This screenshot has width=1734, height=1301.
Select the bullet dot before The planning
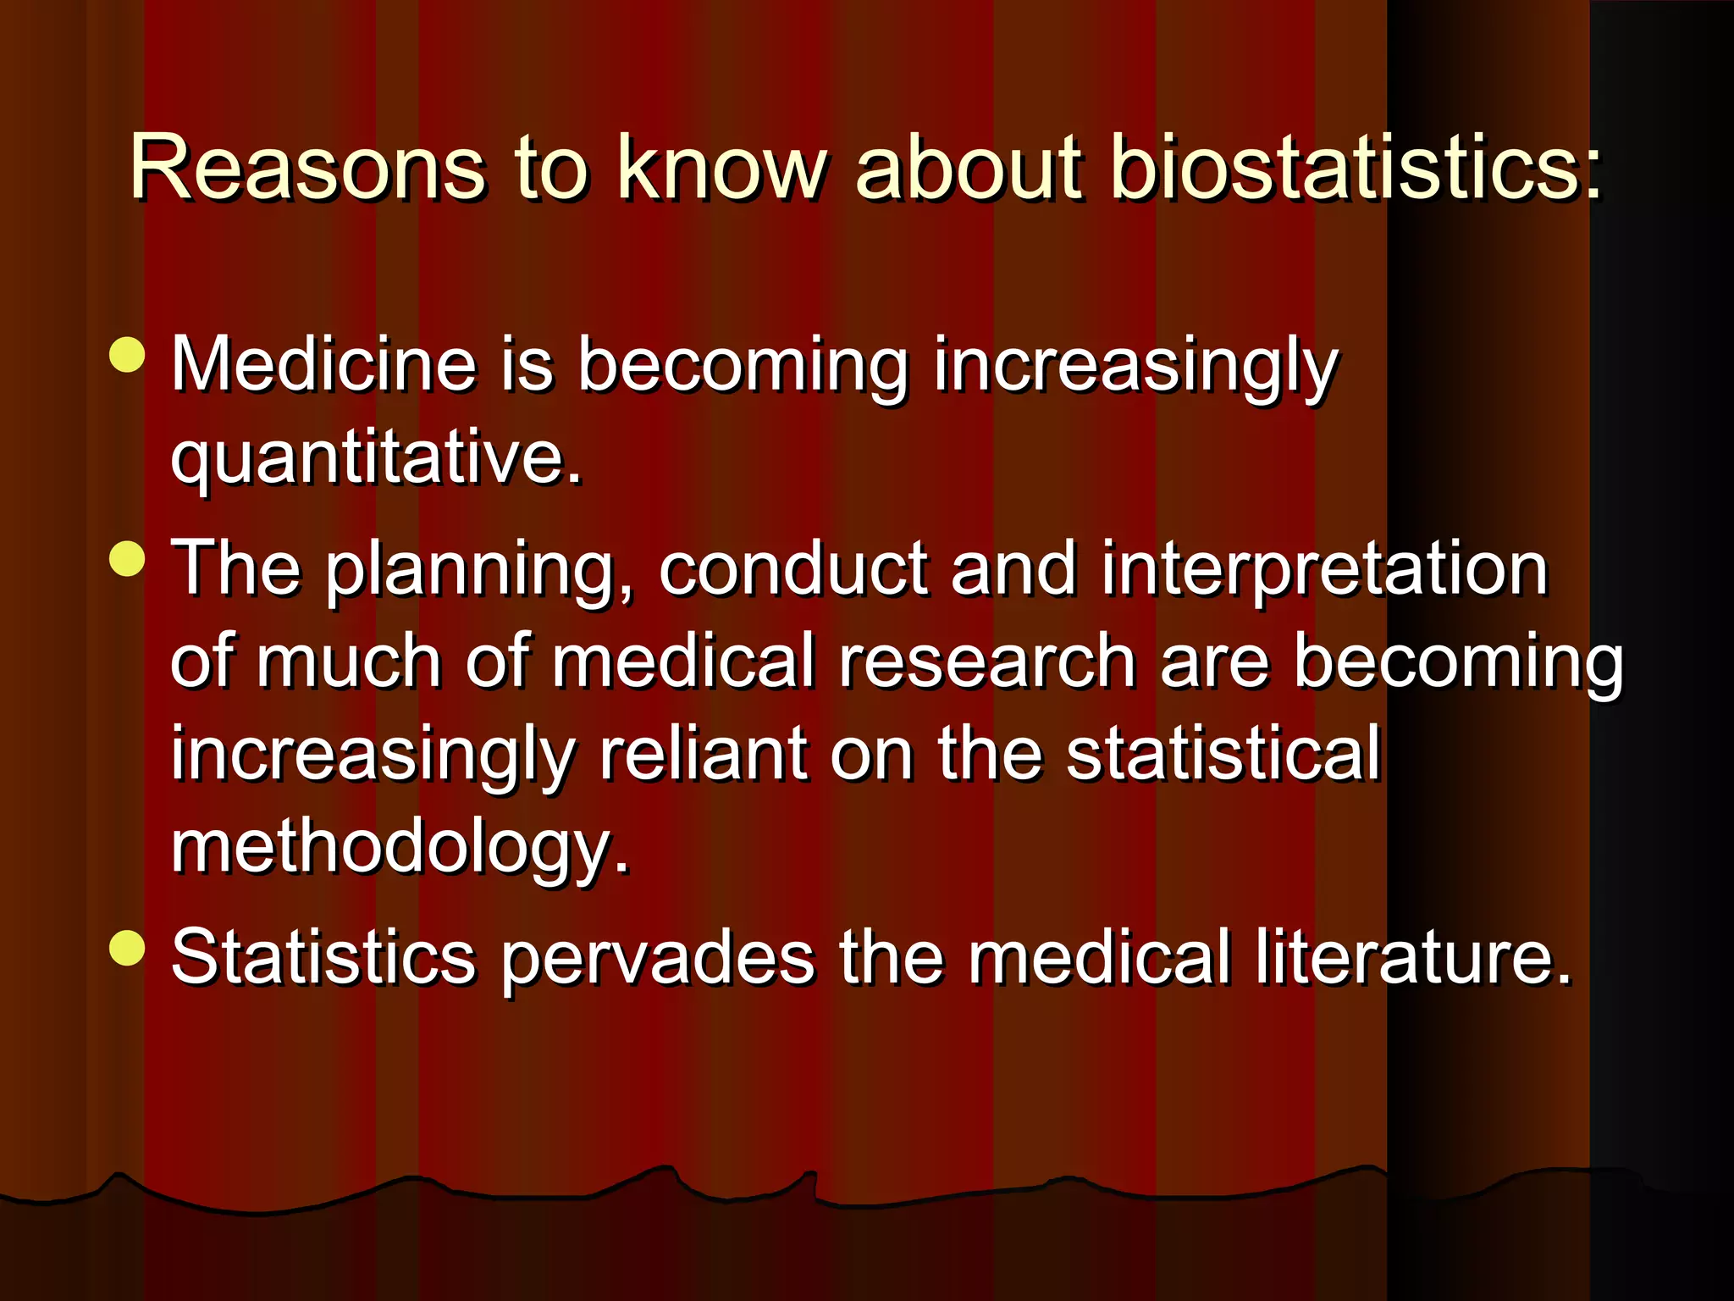[128, 558]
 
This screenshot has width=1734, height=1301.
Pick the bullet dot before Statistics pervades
[128, 947]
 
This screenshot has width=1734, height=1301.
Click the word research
[987, 662]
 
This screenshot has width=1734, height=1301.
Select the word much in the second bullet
[348, 662]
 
